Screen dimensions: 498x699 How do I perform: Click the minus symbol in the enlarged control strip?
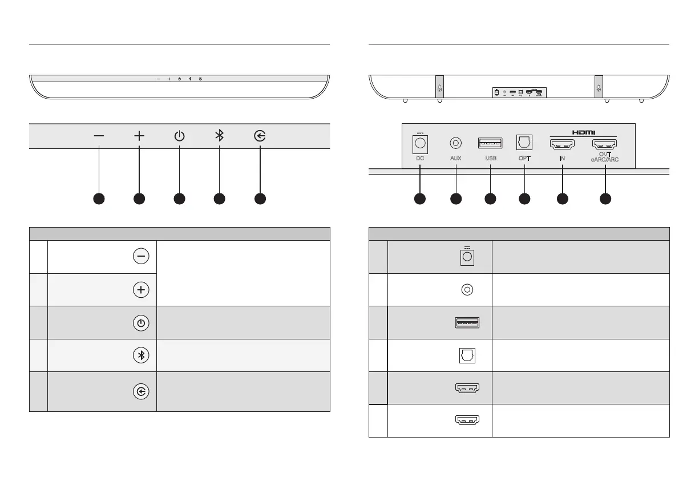point(99,136)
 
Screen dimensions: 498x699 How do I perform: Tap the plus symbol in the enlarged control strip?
point(139,136)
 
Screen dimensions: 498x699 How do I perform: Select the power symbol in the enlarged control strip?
point(179,136)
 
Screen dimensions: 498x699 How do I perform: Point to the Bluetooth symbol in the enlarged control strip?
point(219,136)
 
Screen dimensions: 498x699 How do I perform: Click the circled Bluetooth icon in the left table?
point(141,355)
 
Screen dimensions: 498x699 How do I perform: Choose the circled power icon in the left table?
point(141,322)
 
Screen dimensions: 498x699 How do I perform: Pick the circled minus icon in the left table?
point(141,257)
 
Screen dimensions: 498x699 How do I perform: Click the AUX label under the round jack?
point(455,159)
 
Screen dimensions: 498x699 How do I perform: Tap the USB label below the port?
point(490,159)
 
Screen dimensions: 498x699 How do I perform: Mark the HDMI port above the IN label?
point(562,143)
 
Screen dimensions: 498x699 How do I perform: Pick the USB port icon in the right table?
point(467,323)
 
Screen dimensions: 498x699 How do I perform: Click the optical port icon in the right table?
point(467,356)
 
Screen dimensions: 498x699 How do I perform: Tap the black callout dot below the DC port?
point(420,199)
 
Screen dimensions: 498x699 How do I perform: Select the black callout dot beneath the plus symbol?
point(139,199)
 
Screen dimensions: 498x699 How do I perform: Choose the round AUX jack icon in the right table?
point(467,290)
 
